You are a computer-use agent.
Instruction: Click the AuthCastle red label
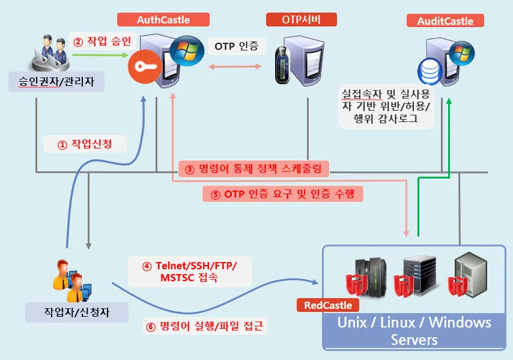[x=163, y=20]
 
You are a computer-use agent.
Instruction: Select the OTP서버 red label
[x=301, y=20]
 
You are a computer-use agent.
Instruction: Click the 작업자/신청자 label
[x=77, y=311]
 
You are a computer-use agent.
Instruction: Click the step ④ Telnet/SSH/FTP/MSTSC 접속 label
[x=189, y=271]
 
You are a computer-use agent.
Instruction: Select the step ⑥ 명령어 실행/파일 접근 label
[x=205, y=326]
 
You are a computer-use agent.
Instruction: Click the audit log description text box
[x=387, y=106]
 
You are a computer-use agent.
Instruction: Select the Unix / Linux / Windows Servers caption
[x=414, y=331]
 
